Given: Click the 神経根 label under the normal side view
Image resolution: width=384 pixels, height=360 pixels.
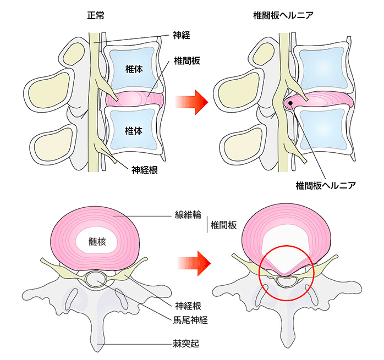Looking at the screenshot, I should coord(145,170).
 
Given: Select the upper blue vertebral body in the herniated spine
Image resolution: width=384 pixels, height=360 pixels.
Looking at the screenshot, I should coord(319,69).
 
